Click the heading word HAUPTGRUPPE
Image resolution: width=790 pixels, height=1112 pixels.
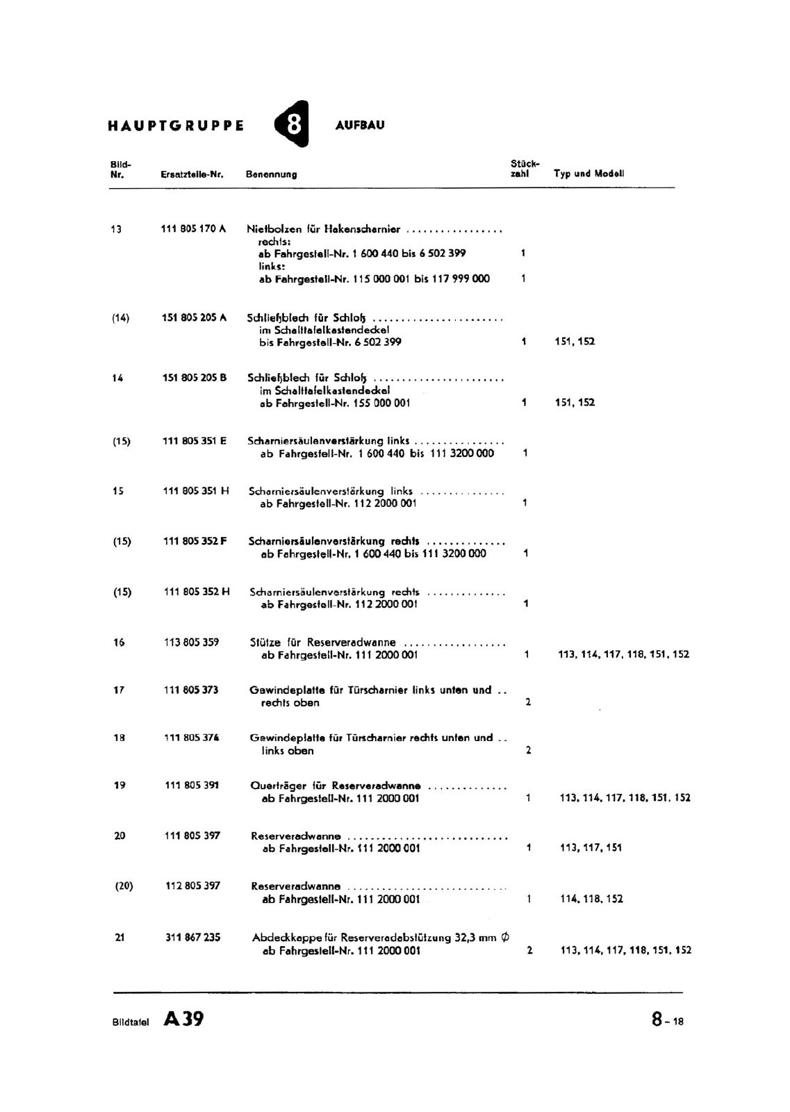coord(176,126)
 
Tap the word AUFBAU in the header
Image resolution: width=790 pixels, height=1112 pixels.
coord(359,126)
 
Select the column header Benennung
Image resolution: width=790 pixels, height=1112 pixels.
coord(271,174)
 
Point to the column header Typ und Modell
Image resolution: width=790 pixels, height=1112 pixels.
coord(589,174)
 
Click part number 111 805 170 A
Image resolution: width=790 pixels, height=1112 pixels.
coord(193,229)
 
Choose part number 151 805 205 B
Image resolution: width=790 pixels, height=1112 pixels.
coord(194,378)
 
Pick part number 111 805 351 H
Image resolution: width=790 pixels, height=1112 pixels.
coord(195,491)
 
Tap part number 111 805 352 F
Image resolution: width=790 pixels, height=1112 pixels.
coord(195,541)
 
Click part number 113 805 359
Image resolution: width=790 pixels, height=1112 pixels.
coord(191,642)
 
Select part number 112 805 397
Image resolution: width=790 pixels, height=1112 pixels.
coord(192,886)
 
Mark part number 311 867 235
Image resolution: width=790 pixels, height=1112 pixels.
coord(192,937)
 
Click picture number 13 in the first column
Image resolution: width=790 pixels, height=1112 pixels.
coord(116,229)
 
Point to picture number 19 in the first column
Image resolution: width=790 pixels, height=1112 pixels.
coord(120,785)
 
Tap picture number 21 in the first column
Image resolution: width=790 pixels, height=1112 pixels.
coord(120,937)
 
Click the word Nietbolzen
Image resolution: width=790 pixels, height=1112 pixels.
coord(274,229)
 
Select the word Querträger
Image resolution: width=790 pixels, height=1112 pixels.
coord(278,786)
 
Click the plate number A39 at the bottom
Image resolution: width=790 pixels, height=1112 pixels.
coord(183,1019)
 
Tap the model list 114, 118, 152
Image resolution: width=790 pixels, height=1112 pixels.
coord(591,899)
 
